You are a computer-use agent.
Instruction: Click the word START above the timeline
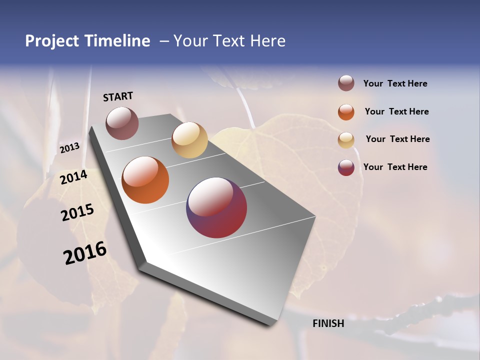[118, 96]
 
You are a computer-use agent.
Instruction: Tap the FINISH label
[328, 323]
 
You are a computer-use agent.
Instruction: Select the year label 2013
[70, 148]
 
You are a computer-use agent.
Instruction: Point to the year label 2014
[74, 177]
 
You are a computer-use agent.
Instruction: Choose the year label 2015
[77, 212]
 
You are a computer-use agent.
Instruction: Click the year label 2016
[85, 253]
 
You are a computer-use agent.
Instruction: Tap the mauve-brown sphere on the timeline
[122, 123]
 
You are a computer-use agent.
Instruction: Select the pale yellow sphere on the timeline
[189, 140]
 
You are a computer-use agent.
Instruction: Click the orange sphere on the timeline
[145, 180]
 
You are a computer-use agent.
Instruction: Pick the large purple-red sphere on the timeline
[216, 207]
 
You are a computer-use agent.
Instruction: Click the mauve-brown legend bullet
[346, 83]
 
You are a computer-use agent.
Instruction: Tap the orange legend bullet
[346, 112]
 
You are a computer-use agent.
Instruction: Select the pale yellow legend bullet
[346, 140]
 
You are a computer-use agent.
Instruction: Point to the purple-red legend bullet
[346, 167]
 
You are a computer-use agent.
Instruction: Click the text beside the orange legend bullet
[396, 111]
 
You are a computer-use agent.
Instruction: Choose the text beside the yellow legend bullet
[397, 139]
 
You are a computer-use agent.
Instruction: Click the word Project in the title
[52, 41]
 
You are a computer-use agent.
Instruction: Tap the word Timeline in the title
[116, 41]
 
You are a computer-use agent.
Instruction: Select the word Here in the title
[267, 41]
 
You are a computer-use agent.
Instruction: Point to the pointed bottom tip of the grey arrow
[272, 325]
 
